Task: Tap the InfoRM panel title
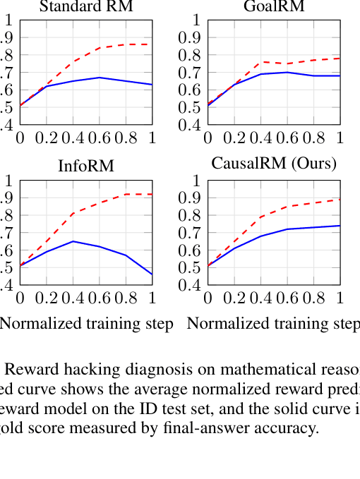click(86, 166)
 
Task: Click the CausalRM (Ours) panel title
click(274, 164)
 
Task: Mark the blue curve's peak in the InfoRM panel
click(73, 241)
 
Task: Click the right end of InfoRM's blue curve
click(152, 274)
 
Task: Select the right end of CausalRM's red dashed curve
click(340, 199)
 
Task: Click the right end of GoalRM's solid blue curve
click(340, 75)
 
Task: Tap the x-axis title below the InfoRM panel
click(86, 325)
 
